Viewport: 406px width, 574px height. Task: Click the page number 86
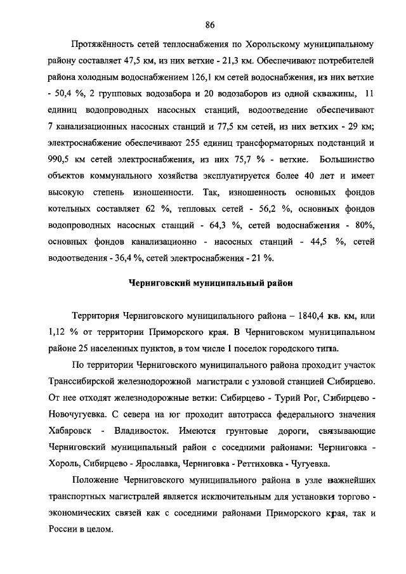[211, 25]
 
